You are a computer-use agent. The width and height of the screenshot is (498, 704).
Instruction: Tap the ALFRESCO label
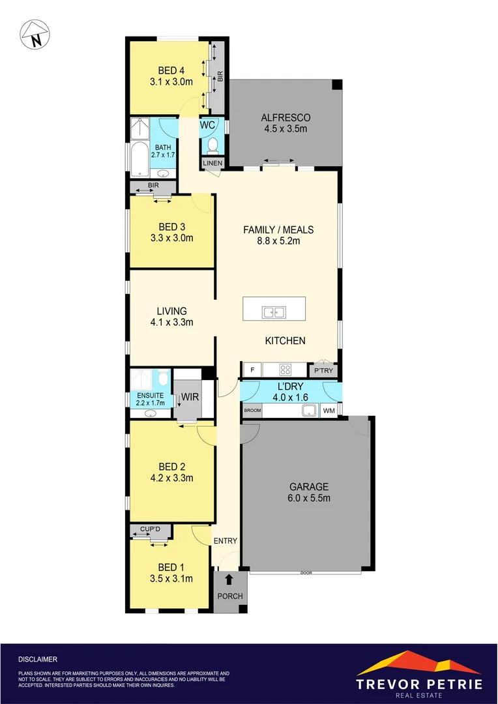tap(285, 117)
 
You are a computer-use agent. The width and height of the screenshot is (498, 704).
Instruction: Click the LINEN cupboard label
tap(212, 163)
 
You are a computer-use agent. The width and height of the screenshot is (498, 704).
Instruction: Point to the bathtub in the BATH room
tap(139, 160)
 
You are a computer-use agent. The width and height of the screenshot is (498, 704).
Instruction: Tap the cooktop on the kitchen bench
tap(286, 370)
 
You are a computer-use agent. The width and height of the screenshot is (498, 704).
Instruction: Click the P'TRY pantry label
tap(323, 370)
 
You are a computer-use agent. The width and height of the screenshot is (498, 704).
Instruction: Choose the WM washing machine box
tap(329, 411)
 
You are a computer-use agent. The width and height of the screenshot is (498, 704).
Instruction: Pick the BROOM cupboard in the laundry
tap(252, 411)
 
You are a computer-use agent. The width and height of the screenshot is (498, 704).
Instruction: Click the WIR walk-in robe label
tap(190, 396)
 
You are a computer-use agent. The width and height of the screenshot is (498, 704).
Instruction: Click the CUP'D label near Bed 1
tap(150, 529)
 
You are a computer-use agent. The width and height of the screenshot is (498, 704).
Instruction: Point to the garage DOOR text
tap(306, 572)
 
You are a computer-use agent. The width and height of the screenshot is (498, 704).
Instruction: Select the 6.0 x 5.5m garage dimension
tap(309, 499)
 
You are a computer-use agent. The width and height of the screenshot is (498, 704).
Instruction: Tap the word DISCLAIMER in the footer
tap(38, 659)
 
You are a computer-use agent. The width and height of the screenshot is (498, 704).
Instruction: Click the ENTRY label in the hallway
tap(225, 540)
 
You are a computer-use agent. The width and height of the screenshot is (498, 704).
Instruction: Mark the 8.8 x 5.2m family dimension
tap(278, 241)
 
